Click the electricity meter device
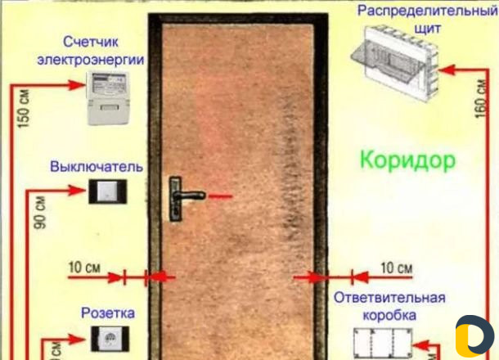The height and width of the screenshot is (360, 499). coord(109,97)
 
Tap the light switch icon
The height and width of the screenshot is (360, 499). coord(107,191)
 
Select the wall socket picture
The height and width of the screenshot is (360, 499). coord(110,339)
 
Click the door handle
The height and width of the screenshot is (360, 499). coord(185,198)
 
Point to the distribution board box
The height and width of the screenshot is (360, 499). coord(395,63)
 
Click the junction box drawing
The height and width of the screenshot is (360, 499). coord(383,344)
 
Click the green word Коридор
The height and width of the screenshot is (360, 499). coord(408,160)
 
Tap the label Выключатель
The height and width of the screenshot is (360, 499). coord(97,167)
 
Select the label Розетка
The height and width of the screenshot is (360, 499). coord(108,313)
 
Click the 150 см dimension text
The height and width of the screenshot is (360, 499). coord(23,109)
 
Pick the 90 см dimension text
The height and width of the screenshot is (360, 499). coord(40,212)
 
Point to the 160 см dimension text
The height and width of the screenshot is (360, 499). coord(481,98)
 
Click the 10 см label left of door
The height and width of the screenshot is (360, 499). coord(84,268)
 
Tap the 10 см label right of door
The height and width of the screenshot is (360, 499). coord(397,268)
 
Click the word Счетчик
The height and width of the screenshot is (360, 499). coord(91,42)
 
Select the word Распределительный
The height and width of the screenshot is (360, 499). coord(427,11)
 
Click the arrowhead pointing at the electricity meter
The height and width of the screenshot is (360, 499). coord(77,85)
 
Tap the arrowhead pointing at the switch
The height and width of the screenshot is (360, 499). coord(77,191)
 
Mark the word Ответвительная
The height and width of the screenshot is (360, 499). coord(389,298)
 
